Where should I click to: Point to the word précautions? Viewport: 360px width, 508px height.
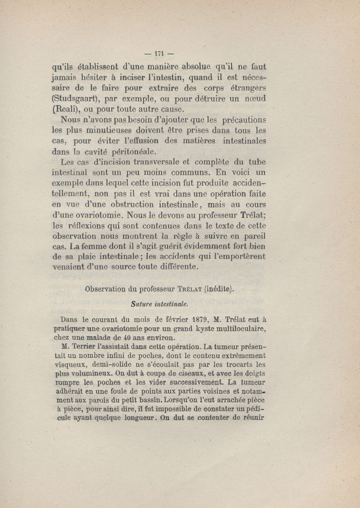click(x=238, y=120)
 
